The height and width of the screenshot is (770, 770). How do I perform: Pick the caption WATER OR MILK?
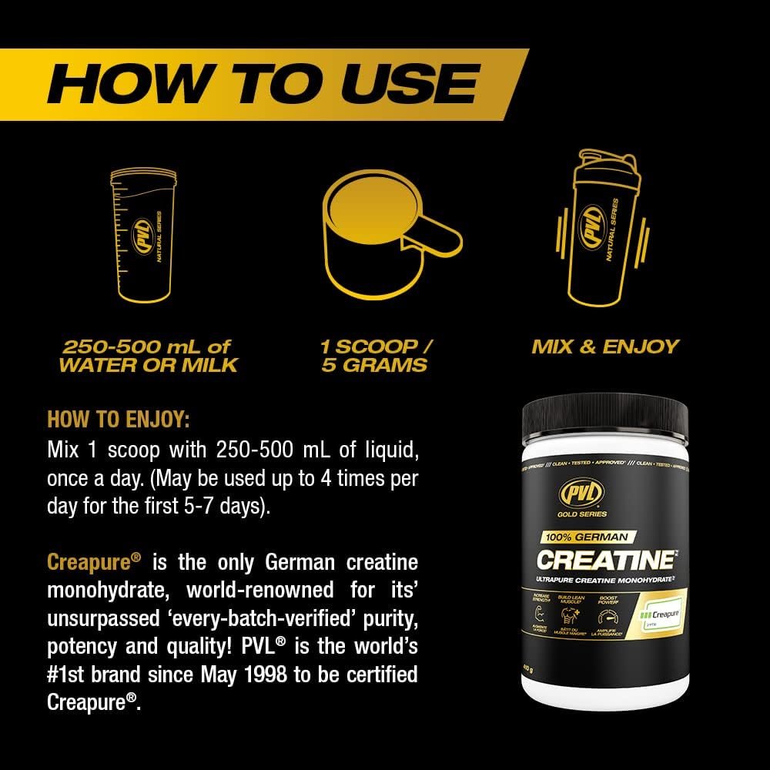point(148,365)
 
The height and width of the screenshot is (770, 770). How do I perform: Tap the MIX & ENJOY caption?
point(605,346)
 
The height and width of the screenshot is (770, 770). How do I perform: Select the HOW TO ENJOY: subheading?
point(118,420)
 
